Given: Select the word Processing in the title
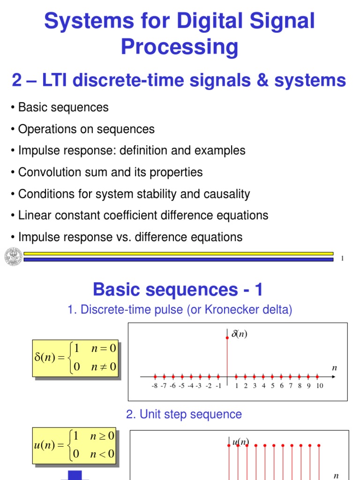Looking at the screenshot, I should click(180, 47).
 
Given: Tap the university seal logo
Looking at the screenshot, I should click(13, 256).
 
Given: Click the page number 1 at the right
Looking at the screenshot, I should click(343, 259).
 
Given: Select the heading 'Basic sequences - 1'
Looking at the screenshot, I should click(178, 290).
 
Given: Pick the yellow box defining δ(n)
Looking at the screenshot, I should click(75, 358).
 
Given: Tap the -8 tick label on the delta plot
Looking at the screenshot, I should click(154, 386).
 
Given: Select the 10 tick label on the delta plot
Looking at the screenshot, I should click(319, 386).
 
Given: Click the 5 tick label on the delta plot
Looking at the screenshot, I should click(272, 386).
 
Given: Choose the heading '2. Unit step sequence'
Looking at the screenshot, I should click(184, 414).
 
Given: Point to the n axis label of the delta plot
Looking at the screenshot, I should click(335, 368).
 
